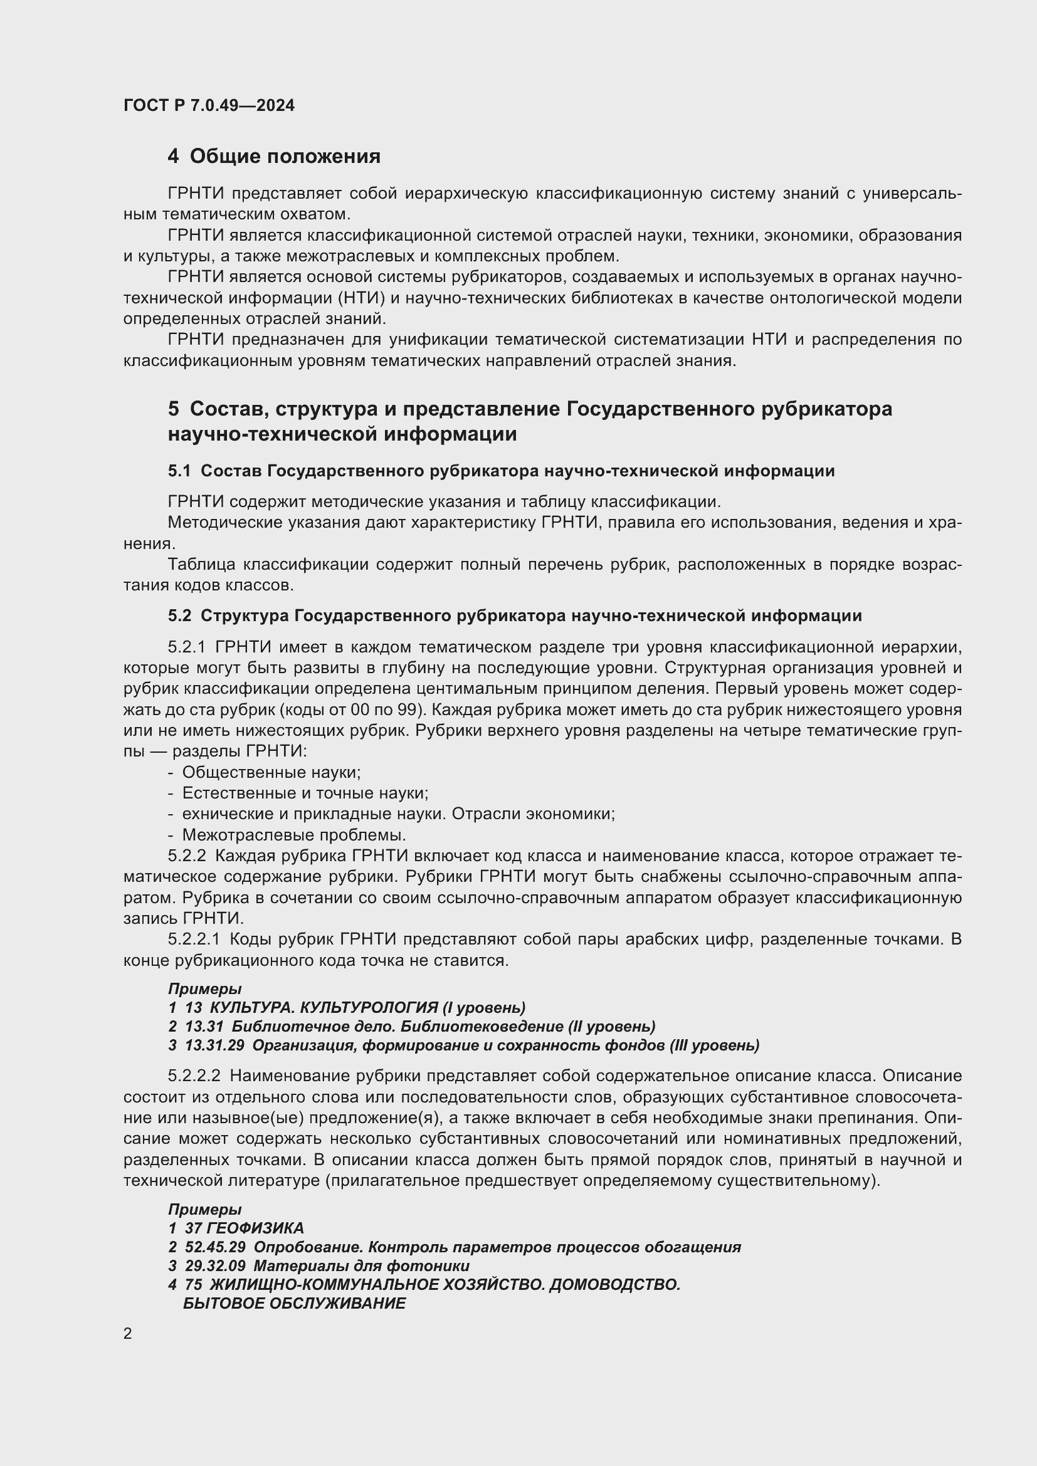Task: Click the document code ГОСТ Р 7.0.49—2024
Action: point(209,105)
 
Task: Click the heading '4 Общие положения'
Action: point(274,157)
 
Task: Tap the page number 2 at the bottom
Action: point(128,1333)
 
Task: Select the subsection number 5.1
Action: point(179,471)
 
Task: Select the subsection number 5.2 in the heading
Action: point(179,616)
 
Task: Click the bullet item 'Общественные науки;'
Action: point(271,773)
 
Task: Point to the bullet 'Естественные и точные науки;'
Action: point(305,793)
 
